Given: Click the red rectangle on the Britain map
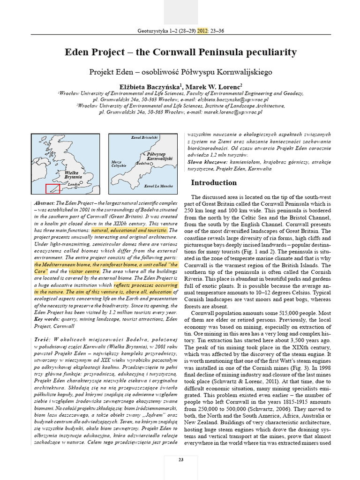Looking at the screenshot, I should tap(52, 188).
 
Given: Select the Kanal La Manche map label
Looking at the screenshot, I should tap(159, 187).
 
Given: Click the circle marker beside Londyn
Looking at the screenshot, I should tap(81, 183).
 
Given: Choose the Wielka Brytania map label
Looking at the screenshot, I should tap(74, 175).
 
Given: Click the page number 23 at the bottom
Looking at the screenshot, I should tap(180, 459).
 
